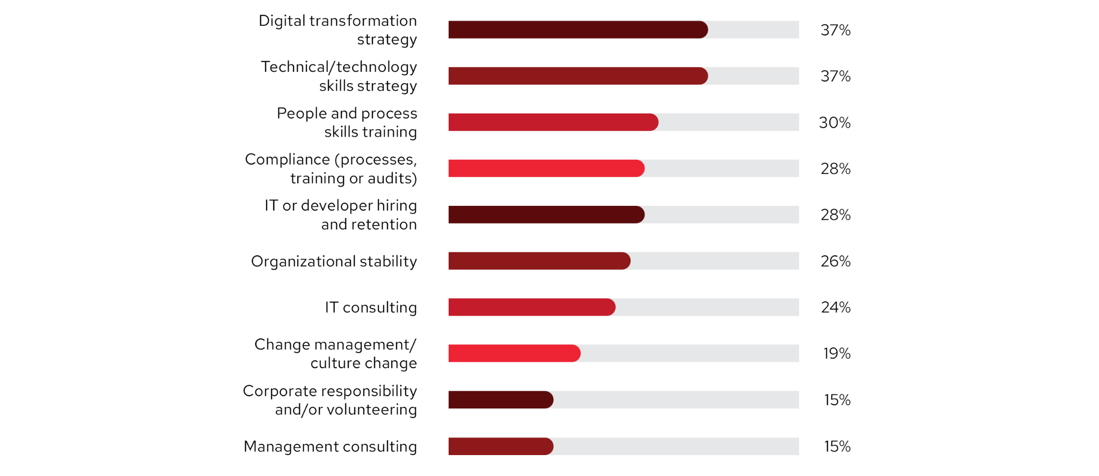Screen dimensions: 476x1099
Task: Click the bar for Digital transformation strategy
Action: tap(578, 30)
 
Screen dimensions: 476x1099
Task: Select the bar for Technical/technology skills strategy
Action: tap(578, 76)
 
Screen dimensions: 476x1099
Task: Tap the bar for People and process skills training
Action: tap(553, 122)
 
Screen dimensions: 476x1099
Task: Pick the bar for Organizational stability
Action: tap(539, 261)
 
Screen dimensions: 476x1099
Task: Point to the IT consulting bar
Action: tap(532, 307)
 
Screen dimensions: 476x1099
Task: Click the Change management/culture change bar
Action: tap(514, 353)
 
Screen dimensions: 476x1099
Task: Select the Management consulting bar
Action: tap(501, 446)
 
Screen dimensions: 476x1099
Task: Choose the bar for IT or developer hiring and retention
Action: tap(546, 214)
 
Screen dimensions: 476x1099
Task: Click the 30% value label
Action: tap(834, 123)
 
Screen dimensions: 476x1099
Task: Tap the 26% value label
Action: tap(836, 261)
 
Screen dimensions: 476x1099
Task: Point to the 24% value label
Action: tap(836, 307)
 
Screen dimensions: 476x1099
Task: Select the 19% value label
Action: tap(837, 353)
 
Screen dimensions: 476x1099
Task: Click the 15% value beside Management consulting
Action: tap(837, 446)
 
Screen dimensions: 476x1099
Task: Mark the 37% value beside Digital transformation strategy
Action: tap(836, 30)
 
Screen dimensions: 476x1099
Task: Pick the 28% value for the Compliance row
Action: tap(836, 169)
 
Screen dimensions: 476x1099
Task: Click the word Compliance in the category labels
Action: tap(287, 160)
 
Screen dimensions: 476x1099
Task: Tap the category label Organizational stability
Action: tap(334, 261)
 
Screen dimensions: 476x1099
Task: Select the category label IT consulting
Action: tap(370, 307)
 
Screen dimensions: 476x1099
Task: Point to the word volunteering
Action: tap(371, 410)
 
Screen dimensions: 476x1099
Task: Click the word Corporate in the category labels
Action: tap(277, 391)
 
